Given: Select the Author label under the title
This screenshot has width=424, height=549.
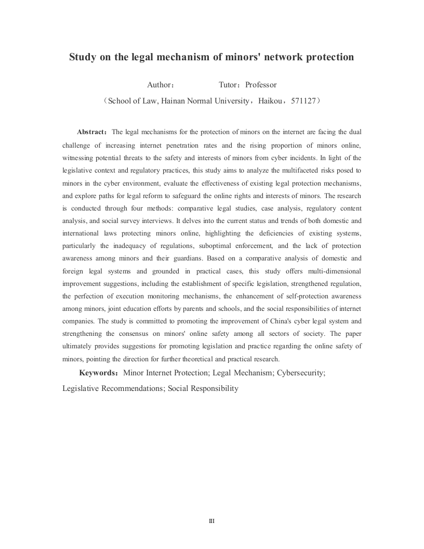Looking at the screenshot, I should pyautogui.click(x=159, y=84).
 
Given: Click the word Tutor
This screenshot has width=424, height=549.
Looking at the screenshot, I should pyautogui.click(x=230, y=84).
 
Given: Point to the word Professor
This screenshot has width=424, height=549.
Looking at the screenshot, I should pyautogui.click(x=261, y=84).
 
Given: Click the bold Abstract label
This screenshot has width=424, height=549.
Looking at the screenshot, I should pyautogui.click(x=92, y=132).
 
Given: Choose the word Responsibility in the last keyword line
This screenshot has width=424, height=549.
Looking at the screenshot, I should pyautogui.click(x=215, y=388).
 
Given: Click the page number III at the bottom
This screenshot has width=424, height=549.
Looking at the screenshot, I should pyautogui.click(x=211, y=521).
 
